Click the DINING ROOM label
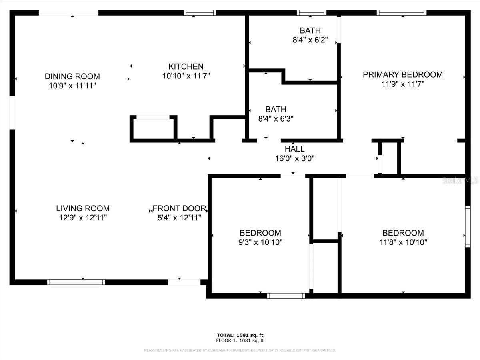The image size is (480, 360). pyautogui.click(x=72, y=76)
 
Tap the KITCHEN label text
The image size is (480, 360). pyautogui.click(x=186, y=66)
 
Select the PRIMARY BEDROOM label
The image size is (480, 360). pyautogui.click(x=402, y=74)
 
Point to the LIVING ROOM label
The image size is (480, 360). pyautogui.click(x=83, y=208)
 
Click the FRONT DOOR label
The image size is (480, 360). pyautogui.click(x=179, y=208)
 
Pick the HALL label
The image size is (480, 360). pyautogui.click(x=294, y=149)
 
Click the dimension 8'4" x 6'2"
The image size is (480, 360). pyautogui.click(x=310, y=40)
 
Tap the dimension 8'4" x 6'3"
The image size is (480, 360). pyautogui.click(x=276, y=119)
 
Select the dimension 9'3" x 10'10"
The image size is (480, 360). pyautogui.click(x=260, y=242)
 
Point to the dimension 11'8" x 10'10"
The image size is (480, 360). pyautogui.click(x=403, y=242)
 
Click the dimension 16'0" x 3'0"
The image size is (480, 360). pyautogui.click(x=294, y=158)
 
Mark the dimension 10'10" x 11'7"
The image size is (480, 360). pyautogui.click(x=186, y=76)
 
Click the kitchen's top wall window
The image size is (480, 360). pyautogui.click(x=200, y=13)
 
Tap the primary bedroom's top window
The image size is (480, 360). pyautogui.click(x=402, y=13)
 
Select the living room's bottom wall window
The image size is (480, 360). pyautogui.click(x=76, y=282)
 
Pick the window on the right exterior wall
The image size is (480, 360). pyautogui.click(x=468, y=227)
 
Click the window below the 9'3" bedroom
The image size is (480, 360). pyautogui.click(x=286, y=296)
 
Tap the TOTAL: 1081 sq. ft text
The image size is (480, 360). pyautogui.click(x=240, y=335)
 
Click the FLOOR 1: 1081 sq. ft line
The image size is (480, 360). pyautogui.click(x=240, y=340)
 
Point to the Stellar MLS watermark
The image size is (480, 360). pyautogui.click(x=460, y=180)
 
